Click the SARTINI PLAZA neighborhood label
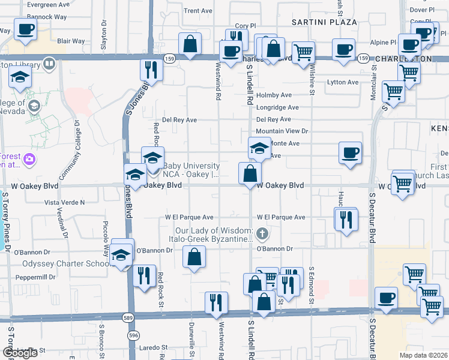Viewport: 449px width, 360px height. pyautogui.click(x=324, y=22)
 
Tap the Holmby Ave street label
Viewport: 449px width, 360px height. pyautogui.click(x=273, y=95)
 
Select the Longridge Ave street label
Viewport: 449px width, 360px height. pyautogui.click(x=277, y=107)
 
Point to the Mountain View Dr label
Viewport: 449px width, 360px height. pyautogui.click(x=282, y=131)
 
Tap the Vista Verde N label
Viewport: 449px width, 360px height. pyautogui.click(x=65, y=202)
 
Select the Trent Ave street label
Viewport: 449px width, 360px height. pyautogui.click(x=198, y=11)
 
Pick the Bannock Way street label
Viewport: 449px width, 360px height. pyautogui.click(x=47, y=17)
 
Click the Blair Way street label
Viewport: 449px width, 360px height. pyautogui.click(x=71, y=41)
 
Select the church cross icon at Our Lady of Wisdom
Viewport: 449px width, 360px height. pyautogui.click(x=261, y=233)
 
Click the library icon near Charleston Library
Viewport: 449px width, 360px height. pyautogui.click(x=49, y=63)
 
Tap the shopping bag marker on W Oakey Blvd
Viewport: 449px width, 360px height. pyautogui.click(x=250, y=173)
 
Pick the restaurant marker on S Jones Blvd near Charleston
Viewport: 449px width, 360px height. pyautogui.click(x=151, y=70)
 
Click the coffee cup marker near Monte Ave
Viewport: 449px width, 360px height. pyautogui.click(x=350, y=152)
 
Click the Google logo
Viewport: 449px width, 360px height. pyautogui.click(x=20, y=353)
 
